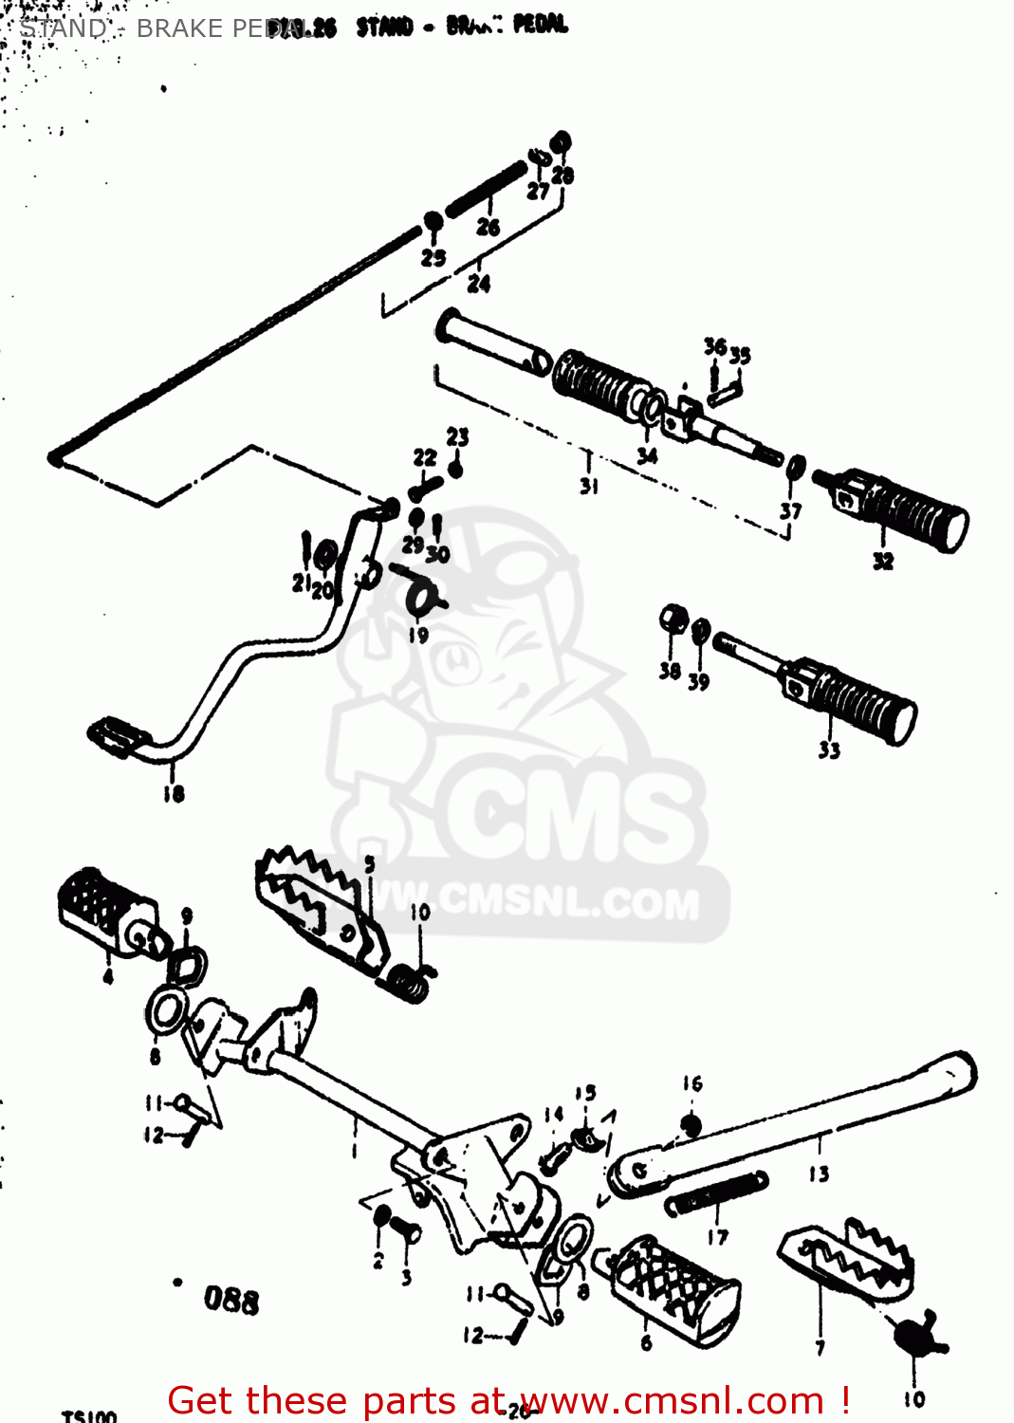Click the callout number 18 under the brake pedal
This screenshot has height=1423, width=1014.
tap(174, 793)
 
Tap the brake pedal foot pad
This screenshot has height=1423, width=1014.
tap(118, 737)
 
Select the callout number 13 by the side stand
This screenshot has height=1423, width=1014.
tap(819, 1174)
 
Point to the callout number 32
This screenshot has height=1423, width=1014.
tap(882, 562)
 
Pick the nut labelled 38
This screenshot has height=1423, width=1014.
tap(673, 620)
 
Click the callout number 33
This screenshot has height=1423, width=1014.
tap(829, 750)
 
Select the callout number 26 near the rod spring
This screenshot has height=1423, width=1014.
tap(488, 227)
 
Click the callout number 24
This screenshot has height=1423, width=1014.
tap(479, 283)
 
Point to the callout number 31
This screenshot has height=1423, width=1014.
tap(589, 486)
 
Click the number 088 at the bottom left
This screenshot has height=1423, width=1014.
tap(230, 1299)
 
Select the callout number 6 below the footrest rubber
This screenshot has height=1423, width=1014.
tap(646, 1342)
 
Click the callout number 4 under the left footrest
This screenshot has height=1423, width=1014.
tap(107, 976)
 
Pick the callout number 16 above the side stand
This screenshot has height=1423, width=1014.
tap(692, 1083)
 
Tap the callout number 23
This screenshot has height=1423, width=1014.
tap(457, 436)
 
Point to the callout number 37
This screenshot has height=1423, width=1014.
tap(790, 511)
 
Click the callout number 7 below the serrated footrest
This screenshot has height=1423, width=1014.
tap(820, 1347)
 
